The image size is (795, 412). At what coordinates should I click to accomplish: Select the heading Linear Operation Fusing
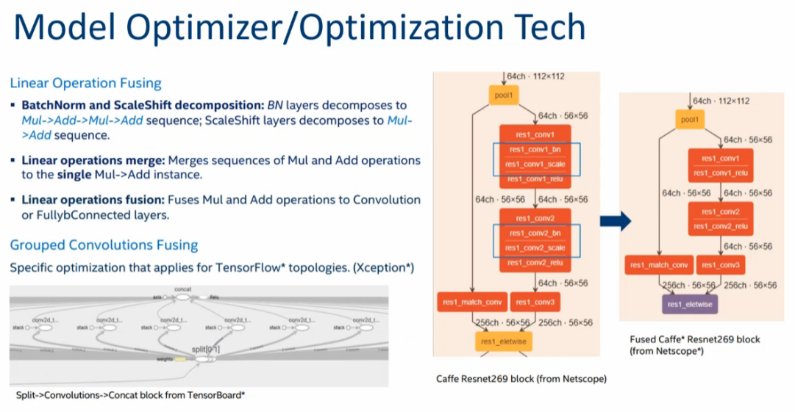click(85, 83)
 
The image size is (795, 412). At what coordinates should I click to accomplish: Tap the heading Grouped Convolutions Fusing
click(104, 245)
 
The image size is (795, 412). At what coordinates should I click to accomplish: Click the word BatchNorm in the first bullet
click(51, 105)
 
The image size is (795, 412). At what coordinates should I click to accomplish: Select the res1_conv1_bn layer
click(535, 150)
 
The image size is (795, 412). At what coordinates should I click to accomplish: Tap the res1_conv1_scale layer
click(535, 165)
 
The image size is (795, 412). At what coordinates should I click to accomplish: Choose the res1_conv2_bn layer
click(535, 232)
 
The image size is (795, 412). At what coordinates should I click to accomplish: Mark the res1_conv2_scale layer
click(535, 247)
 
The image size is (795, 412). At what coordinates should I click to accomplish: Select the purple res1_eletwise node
click(690, 303)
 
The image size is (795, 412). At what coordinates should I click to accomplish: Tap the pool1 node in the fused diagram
click(689, 119)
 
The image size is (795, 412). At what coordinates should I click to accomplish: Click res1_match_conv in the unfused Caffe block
click(471, 302)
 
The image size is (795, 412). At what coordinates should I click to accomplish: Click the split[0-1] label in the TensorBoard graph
click(205, 349)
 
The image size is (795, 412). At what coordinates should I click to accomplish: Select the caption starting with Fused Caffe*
click(695, 345)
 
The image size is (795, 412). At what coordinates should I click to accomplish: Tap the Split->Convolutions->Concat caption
click(130, 395)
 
